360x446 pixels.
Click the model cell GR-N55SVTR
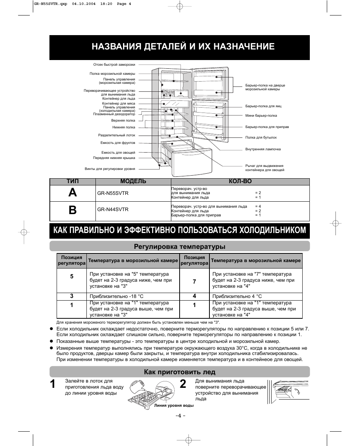click(x=113, y=193)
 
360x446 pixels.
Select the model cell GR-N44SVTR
click(x=113, y=209)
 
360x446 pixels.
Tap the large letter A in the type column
click(x=72, y=193)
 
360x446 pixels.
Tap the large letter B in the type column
click(x=72, y=210)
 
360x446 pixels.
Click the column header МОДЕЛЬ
click(x=133, y=181)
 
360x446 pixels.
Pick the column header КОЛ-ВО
click(x=240, y=181)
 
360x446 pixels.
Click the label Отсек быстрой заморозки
click(x=114, y=65)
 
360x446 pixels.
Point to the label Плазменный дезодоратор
click(x=114, y=114)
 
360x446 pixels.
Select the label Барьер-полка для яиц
click(x=263, y=106)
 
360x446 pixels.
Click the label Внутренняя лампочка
click(x=263, y=149)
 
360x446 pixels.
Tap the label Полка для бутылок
click(x=261, y=138)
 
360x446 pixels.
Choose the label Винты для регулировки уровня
click(x=110, y=169)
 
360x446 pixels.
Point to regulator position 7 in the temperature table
click(x=194, y=282)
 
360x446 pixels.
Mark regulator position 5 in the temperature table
click(x=71, y=276)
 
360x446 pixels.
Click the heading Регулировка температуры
click(x=180, y=247)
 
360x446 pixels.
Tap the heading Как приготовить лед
click(x=180, y=372)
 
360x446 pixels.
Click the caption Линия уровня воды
click(x=174, y=405)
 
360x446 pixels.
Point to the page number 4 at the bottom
click(x=180, y=415)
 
